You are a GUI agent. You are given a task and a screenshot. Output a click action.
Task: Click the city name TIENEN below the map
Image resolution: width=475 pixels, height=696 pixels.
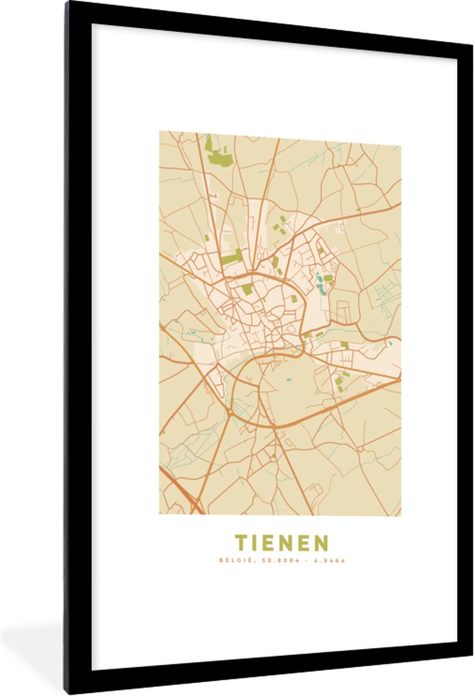pos(281,543)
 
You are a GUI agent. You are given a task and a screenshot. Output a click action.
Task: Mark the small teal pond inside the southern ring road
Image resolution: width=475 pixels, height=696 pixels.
pos(288,380)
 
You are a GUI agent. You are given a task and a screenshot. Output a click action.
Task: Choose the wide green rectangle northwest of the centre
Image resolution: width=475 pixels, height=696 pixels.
pos(231,257)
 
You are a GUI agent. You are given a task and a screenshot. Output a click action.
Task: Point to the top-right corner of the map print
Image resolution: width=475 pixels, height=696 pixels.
pos(401,145)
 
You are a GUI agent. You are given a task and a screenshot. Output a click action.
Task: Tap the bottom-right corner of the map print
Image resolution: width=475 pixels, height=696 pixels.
pos(401,516)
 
